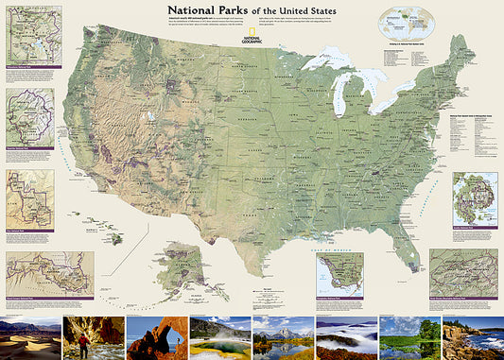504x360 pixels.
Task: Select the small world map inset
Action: pos(403,25)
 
